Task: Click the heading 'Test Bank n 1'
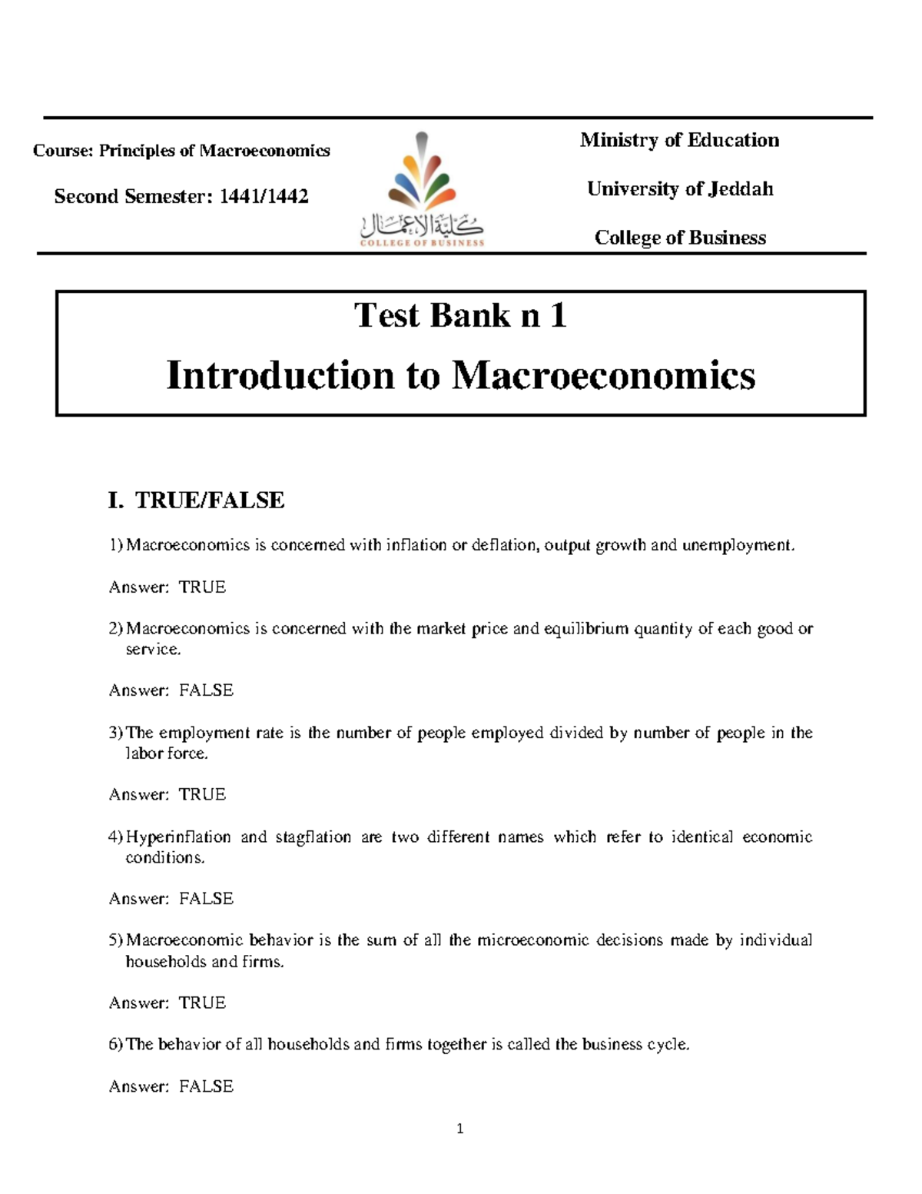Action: (x=460, y=315)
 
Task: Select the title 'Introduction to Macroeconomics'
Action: (x=460, y=376)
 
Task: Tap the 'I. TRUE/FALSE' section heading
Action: (x=197, y=501)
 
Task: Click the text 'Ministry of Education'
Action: (x=679, y=140)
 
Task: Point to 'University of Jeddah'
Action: (x=679, y=189)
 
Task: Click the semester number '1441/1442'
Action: (x=264, y=197)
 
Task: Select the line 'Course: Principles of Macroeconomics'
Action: (x=181, y=151)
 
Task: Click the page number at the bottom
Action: (x=459, y=1129)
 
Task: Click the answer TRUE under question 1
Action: (x=202, y=587)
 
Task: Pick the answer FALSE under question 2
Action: (x=206, y=690)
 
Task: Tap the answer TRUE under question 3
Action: (x=202, y=794)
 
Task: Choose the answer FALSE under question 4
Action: (x=206, y=899)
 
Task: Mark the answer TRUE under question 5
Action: (x=202, y=1003)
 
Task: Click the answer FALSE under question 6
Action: (x=206, y=1086)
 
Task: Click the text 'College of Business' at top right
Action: (x=679, y=238)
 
